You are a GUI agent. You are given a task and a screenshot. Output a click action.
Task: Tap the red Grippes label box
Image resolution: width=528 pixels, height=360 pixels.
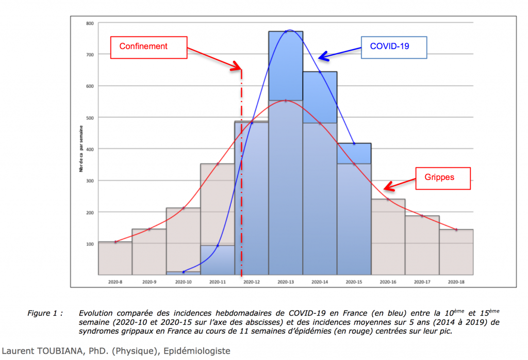click(439, 178)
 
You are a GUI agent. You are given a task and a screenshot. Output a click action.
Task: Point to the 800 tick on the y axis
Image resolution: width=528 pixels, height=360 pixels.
click(90, 23)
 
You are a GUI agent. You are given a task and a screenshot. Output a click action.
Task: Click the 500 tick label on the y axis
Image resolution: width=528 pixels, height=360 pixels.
click(90, 118)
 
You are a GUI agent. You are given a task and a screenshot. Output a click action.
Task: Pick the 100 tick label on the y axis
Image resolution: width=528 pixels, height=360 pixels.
click(90, 244)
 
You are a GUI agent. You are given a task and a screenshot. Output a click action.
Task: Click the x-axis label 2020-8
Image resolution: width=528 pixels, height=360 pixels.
click(115, 282)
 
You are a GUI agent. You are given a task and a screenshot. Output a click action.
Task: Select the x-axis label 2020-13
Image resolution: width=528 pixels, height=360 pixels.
click(286, 282)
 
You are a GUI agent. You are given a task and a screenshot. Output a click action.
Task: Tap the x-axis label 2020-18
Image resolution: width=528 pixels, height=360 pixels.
click(456, 282)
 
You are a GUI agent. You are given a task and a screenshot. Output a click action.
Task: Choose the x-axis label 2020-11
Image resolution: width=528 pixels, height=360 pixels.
click(217, 282)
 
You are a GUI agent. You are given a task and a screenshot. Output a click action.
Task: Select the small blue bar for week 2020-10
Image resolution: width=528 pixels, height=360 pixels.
click(184, 272)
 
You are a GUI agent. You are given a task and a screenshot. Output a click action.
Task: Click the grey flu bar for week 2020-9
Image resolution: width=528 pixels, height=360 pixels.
click(149, 252)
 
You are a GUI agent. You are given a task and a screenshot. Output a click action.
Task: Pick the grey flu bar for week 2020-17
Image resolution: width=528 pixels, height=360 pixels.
click(422, 245)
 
